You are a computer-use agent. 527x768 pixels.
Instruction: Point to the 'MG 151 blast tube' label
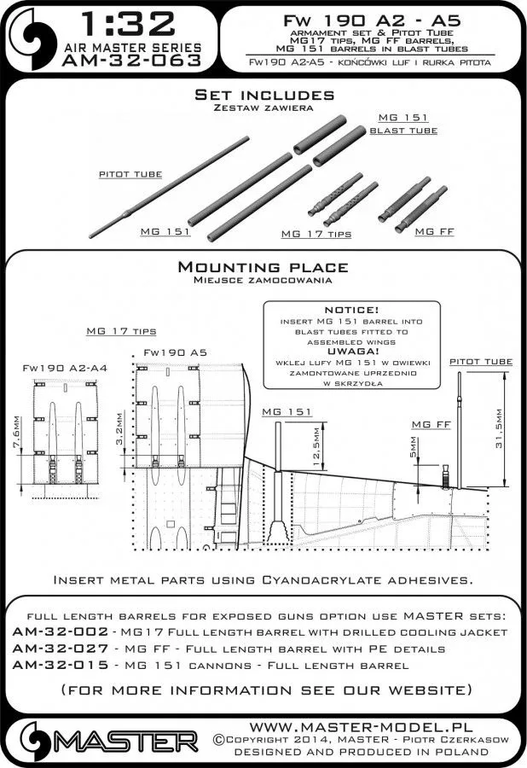(402, 123)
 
